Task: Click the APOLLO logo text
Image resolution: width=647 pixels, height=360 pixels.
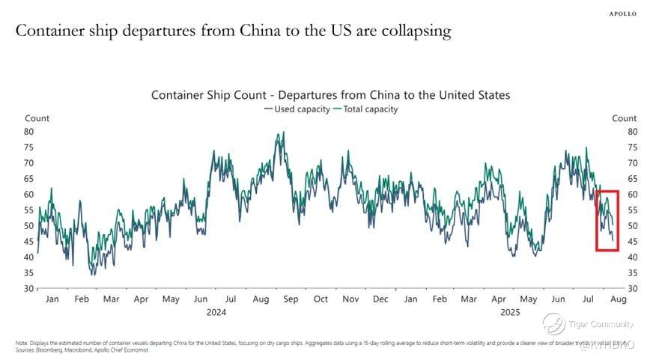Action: point(622,13)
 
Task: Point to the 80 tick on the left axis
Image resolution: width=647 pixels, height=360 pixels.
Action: point(30,132)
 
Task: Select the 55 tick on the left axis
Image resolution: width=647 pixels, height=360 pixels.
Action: point(30,210)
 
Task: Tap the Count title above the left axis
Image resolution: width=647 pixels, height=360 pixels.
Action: point(37,118)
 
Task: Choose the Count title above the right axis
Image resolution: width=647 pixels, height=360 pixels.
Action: point(624,118)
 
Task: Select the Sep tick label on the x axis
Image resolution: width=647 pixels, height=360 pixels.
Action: point(291,299)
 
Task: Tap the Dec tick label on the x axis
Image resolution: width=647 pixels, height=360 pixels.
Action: point(380,299)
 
